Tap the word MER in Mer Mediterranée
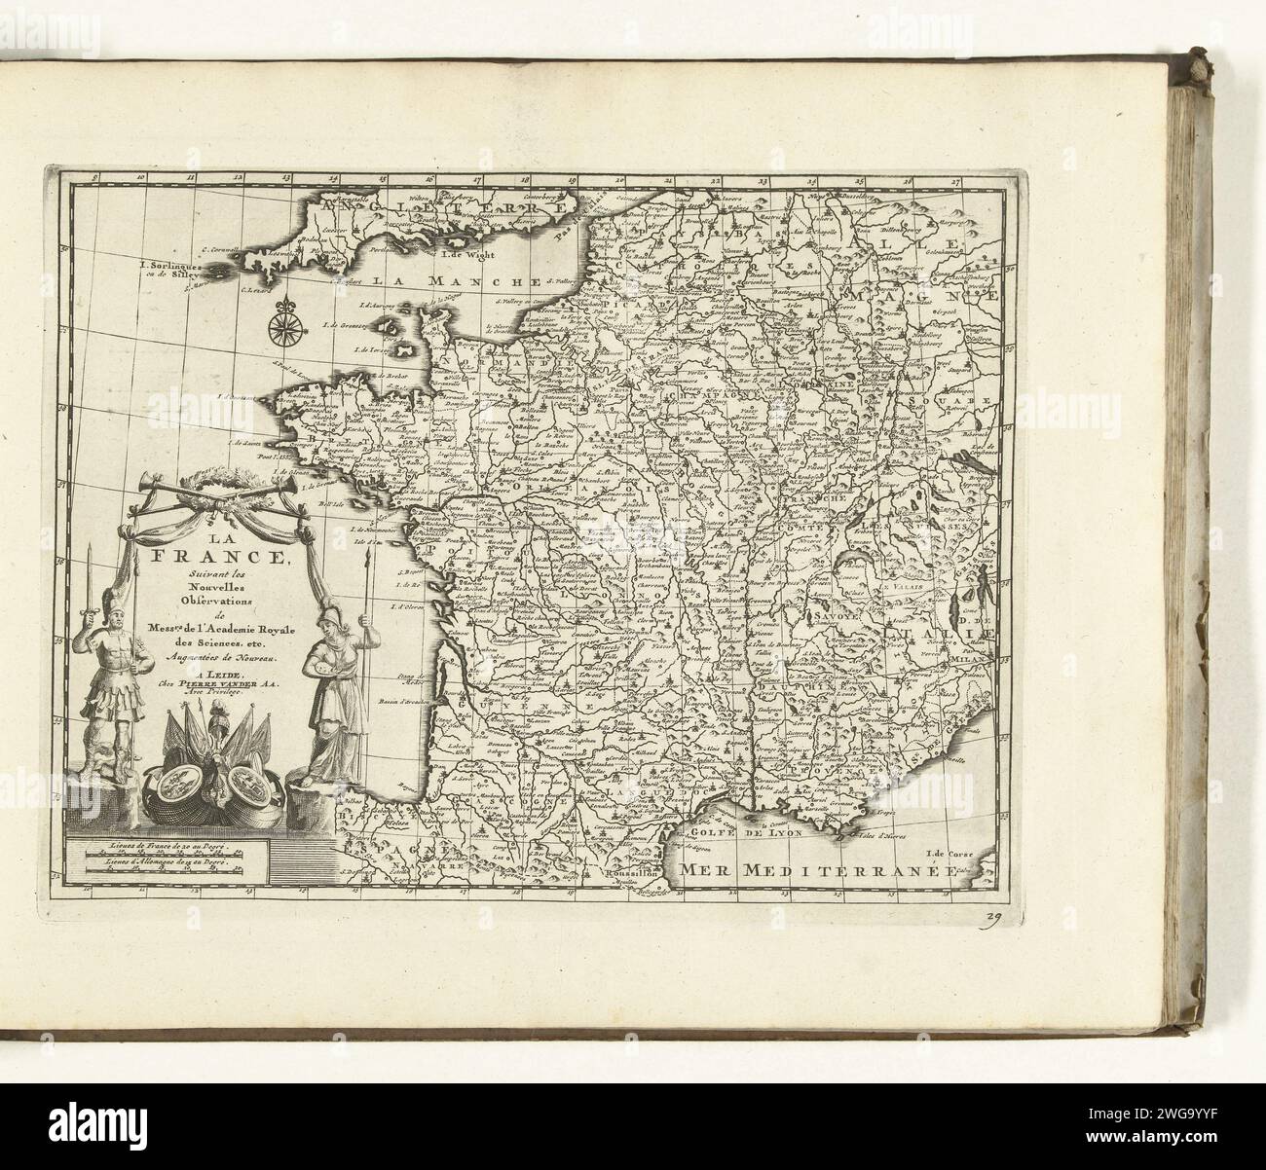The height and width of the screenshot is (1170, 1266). coord(706,869)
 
